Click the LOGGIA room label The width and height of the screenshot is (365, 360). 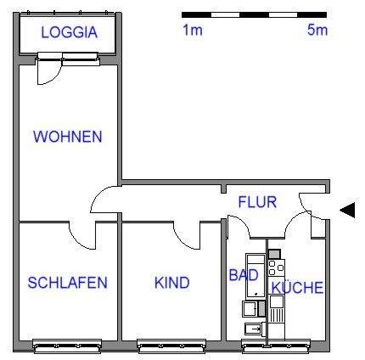pos(69,33)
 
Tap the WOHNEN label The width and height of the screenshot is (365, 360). pos(67,137)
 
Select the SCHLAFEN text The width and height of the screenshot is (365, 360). pos(67,283)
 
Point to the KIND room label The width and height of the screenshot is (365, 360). pos(171,283)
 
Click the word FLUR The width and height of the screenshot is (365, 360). pos(256,203)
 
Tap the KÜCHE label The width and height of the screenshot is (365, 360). pos(297,288)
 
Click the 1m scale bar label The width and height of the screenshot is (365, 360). pos(192,31)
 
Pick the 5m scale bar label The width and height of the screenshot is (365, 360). pos(317,31)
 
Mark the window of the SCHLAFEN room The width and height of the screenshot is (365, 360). pos(66,346)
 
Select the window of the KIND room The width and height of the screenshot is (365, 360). pos(171,346)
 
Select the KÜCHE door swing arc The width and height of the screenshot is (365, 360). pos(297,226)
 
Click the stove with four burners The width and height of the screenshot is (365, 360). pos(276,265)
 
